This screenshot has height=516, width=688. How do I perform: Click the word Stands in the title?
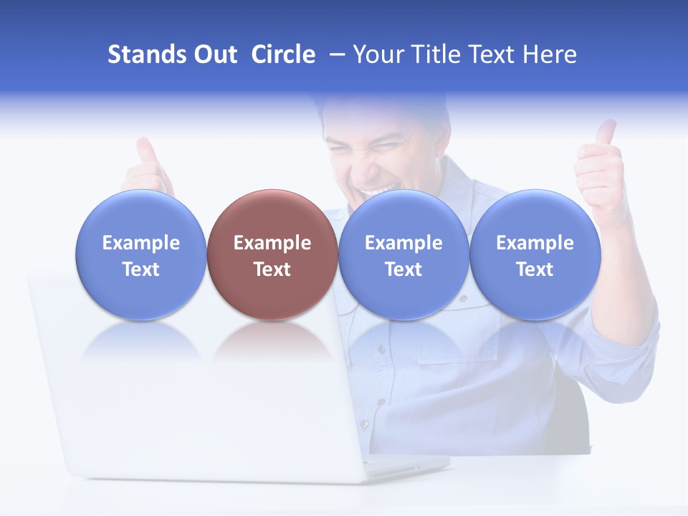(147, 54)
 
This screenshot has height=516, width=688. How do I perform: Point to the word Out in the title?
(215, 54)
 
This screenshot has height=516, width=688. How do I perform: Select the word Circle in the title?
(283, 54)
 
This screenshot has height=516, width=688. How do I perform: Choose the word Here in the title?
(549, 54)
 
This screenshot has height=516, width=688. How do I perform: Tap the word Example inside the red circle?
(272, 243)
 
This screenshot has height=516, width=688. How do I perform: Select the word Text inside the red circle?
(272, 269)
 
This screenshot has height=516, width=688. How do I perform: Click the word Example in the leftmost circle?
(141, 243)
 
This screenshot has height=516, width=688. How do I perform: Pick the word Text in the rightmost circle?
(535, 269)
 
